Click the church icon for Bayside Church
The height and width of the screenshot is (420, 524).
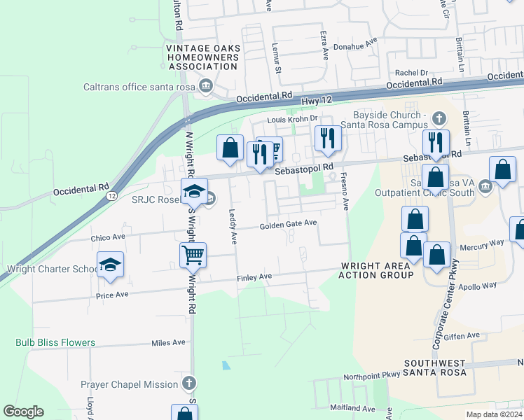[x=439, y=117]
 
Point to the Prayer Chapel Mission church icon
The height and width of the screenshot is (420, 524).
[x=188, y=384]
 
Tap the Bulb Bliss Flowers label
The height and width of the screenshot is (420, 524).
[x=55, y=342]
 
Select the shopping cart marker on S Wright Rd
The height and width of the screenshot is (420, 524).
[x=193, y=255]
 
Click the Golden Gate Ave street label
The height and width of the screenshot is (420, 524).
[x=289, y=225]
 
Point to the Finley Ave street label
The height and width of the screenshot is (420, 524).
[x=254, y=278]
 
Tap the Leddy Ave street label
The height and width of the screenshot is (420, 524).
[x=233, y=229]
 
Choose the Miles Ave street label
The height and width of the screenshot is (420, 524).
[x=168, y=342]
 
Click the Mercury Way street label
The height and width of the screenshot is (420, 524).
[x=481, y=243]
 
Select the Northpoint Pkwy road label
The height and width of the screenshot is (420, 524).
[x=371, y=376]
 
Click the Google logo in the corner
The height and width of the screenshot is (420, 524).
[x=23, y=412]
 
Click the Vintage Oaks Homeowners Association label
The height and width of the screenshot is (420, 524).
[x=203, y=57]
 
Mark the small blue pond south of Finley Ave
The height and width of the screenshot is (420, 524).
[x=225, y=365]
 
